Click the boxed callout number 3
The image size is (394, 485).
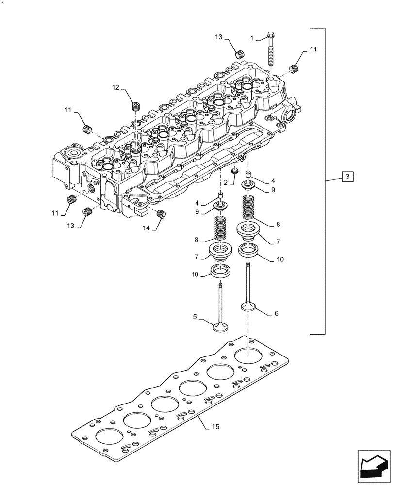[x=348, y=177]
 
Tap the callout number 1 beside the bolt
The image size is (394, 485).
[x=252, y=38]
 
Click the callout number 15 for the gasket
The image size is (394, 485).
[x=216, y=427]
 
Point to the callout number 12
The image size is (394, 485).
[x=115, y=87]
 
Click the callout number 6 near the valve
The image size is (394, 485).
[x=277, y=314]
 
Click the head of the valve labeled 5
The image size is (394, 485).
[x=220, y=327]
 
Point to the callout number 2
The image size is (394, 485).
[x=225, y=182]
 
